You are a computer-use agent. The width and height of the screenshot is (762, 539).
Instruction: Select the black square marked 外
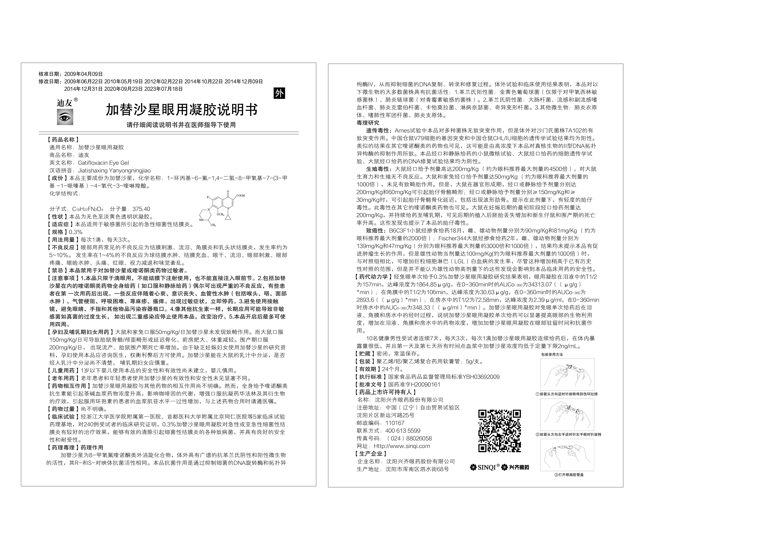point(279,93)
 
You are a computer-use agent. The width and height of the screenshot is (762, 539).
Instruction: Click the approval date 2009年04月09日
point(83,74)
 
